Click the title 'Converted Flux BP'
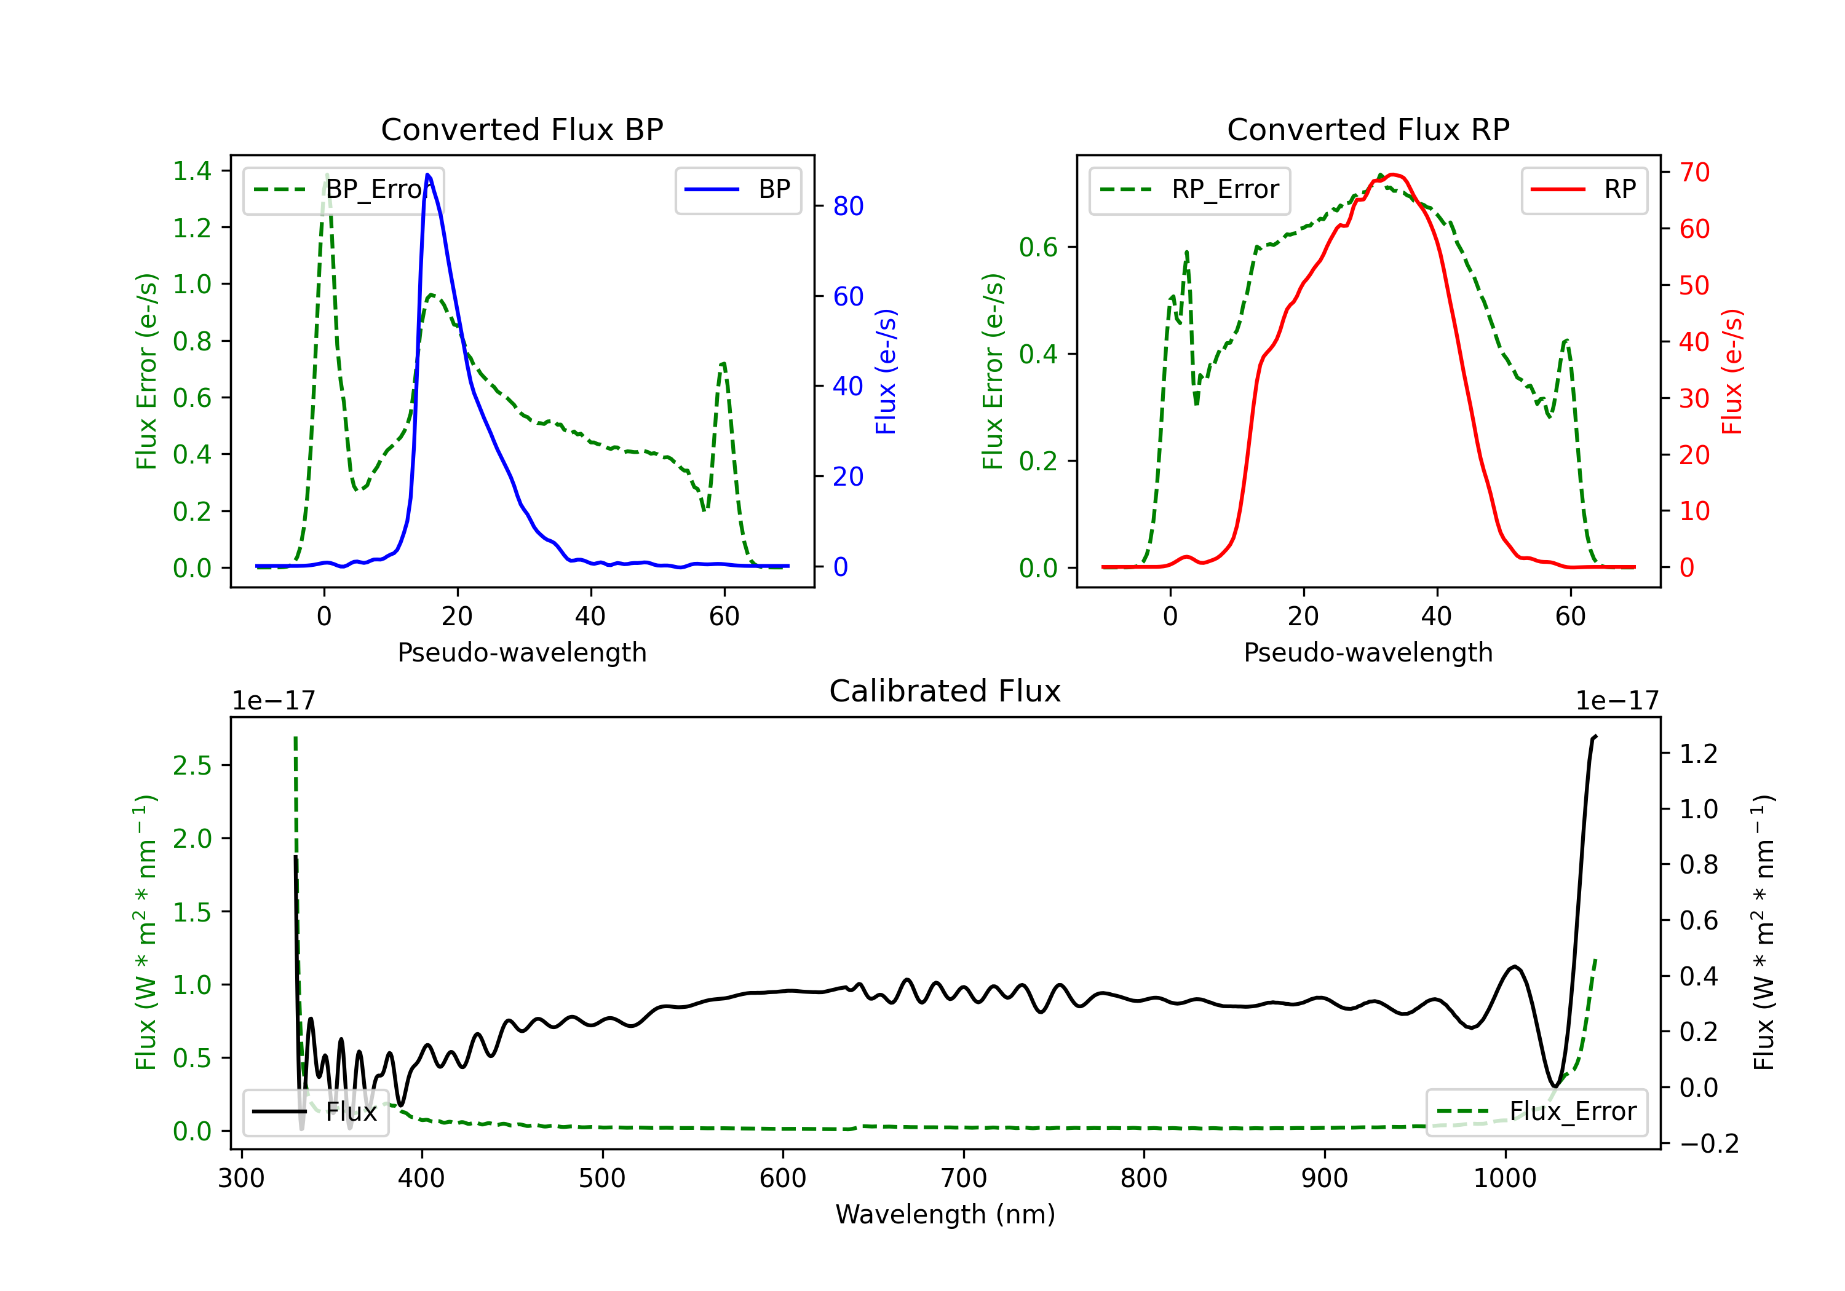[x=522, y=129]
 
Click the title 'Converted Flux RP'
[x=1368, y=129]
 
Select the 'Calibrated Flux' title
[x=945, y=691]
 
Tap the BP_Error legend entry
[x=343, y=189]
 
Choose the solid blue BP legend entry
[x=737, y=189]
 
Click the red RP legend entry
[x=1584, y=189]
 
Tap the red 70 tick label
[x=1695, y=172]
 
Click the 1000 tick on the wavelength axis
[x=1505, y=1178]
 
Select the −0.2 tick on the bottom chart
[x=1708, y=1143]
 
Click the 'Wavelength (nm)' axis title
[x=945, y=1214]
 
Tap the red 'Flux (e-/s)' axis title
[x=1732, y=372]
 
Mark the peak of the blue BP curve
[x=427, y=175]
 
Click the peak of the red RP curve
[x=1392, y=175]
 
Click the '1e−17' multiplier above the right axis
[x=1617, y=701]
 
